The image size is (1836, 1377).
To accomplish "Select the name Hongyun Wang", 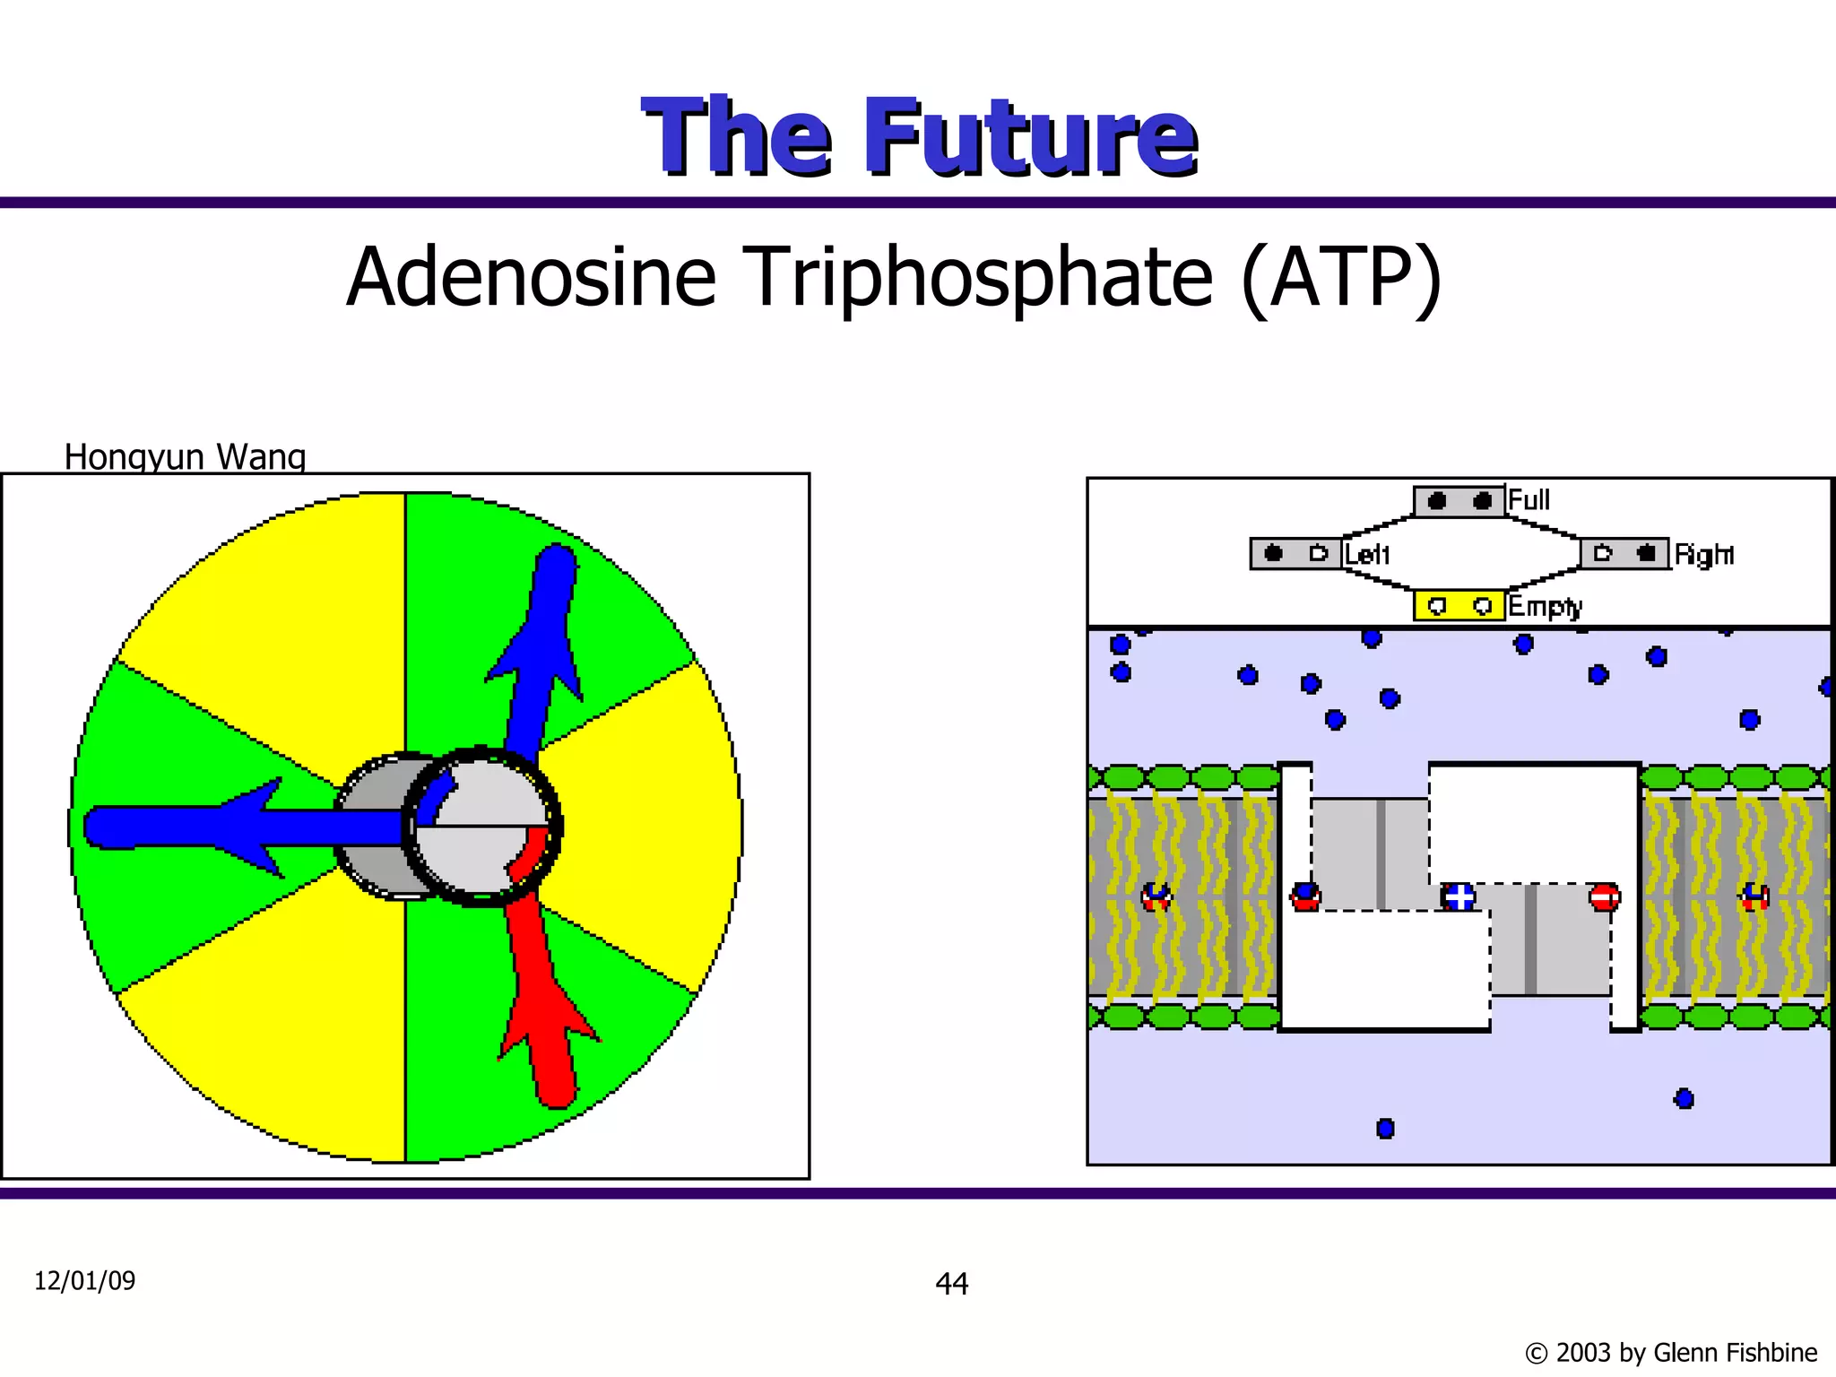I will pos(185,457).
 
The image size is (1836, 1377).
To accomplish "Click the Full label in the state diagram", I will pos(1529,500).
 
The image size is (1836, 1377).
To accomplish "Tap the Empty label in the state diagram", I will pos(1545,607).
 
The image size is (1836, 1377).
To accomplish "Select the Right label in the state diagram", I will pos(1703,555).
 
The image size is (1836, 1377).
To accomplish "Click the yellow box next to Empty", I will pos(1459,606).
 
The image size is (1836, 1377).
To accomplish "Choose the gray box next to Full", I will pos(1459,501).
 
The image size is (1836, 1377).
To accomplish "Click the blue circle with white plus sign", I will pos(1459,896).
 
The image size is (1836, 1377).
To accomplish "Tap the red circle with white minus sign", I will pos(1604,896).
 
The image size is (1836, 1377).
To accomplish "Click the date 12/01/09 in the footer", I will pos(84,1281).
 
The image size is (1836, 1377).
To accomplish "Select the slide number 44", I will pos(951,1284).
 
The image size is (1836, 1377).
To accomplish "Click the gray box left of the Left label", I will pos(1295,554).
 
